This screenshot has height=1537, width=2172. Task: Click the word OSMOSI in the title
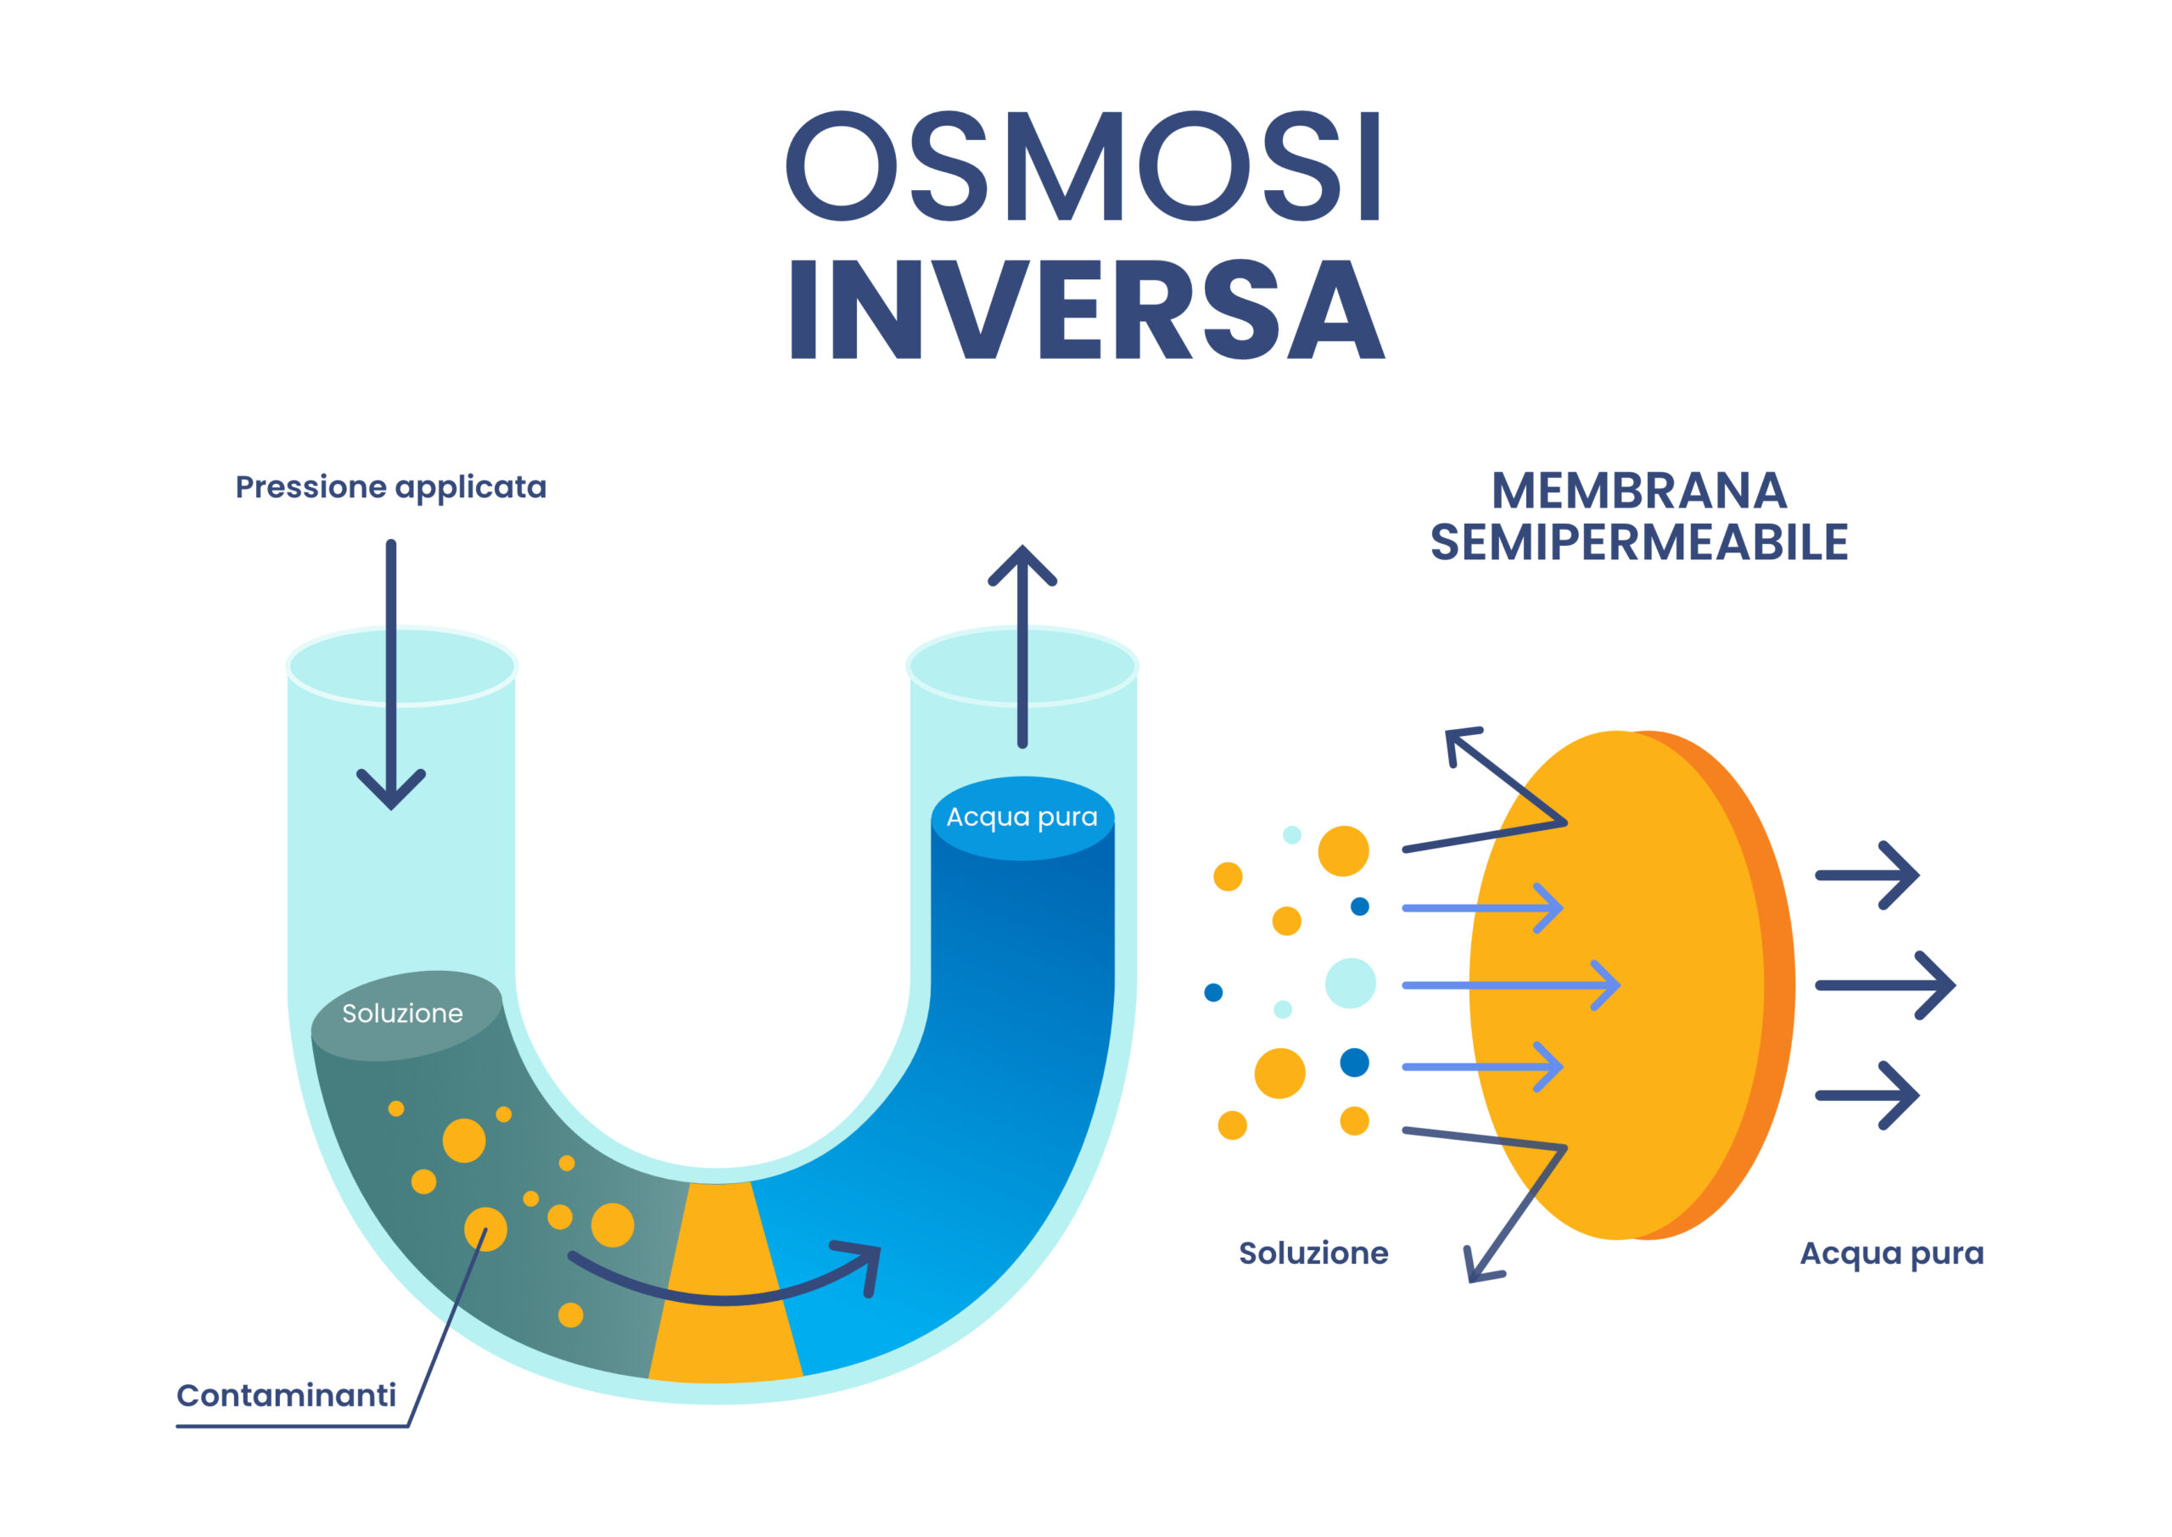[1085, 166]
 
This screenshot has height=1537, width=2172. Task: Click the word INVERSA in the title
[1087, 311]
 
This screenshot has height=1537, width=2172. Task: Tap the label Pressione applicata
[390, 487]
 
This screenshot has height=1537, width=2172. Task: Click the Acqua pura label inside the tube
[1022, 816]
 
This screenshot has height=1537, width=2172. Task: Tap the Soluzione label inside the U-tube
[402, 1013]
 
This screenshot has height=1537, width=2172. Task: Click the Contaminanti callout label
[286, 1395]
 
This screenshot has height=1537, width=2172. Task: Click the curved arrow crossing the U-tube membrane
[729, 1298]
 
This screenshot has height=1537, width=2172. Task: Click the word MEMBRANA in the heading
[1638, 491]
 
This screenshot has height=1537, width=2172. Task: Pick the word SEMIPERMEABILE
[1638, 542]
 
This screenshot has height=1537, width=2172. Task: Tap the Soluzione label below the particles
[1313, 1253]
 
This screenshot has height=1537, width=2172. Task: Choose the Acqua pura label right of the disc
[1891, 1253]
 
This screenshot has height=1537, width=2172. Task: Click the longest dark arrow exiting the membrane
[1883, 985]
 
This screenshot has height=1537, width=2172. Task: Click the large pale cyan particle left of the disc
[1350, 983]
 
